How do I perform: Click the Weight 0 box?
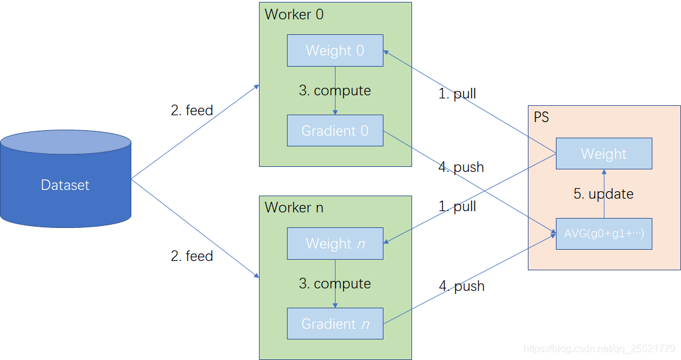pyautogui.click(x=335, y=50)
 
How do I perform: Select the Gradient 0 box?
pyautogui.click(x=335, y=130)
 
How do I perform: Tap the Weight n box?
pyautogui.click(x=335, y=244)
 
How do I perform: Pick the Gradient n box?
pyautogui.click(x=335, y=323)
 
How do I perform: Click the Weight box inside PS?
pyautogui.click(x=604, y=153)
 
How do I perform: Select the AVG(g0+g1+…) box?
pyautogui.click(x=604, y=234)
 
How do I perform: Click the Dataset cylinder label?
pyautogui.click(x=65, y=185)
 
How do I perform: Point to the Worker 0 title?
pyautogui.click(x=294, y=14)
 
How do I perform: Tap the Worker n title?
pyautogui.click(x=294, y=207)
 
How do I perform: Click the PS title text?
pyautogui.click(x=541, y=117)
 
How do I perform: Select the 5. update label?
pyautogui.click(x=603, y=194)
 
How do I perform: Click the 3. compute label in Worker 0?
pyautogui.click(x=335, y=90)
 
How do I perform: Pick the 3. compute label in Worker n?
pyautogui.click(x=335, y=283)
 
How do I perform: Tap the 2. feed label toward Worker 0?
pyautogui.click(x=192, y=110)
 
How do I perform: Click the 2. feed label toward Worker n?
pyautogui.click(x=192, y=256)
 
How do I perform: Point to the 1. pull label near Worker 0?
pyautogui.click(x=457, y=94)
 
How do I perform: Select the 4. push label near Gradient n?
pyautogui.click(x=462, y=286)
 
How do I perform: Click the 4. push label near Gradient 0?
pyautogui.click(x=461, y=167)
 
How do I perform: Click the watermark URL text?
pyautogui.click(x=599, y=349)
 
